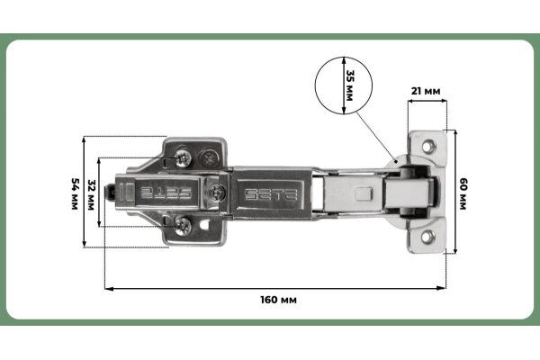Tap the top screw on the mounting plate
184,157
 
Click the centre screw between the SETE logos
217,192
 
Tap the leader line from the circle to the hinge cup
376,133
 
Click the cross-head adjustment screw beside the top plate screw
210,157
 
